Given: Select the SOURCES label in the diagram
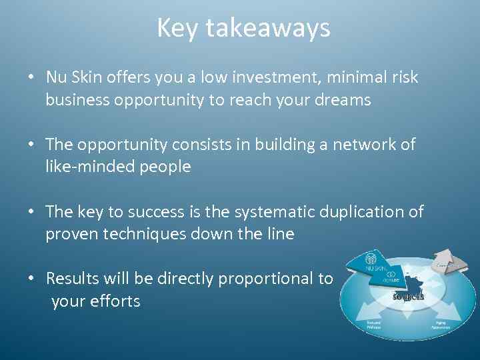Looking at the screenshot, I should pos(408,296).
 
